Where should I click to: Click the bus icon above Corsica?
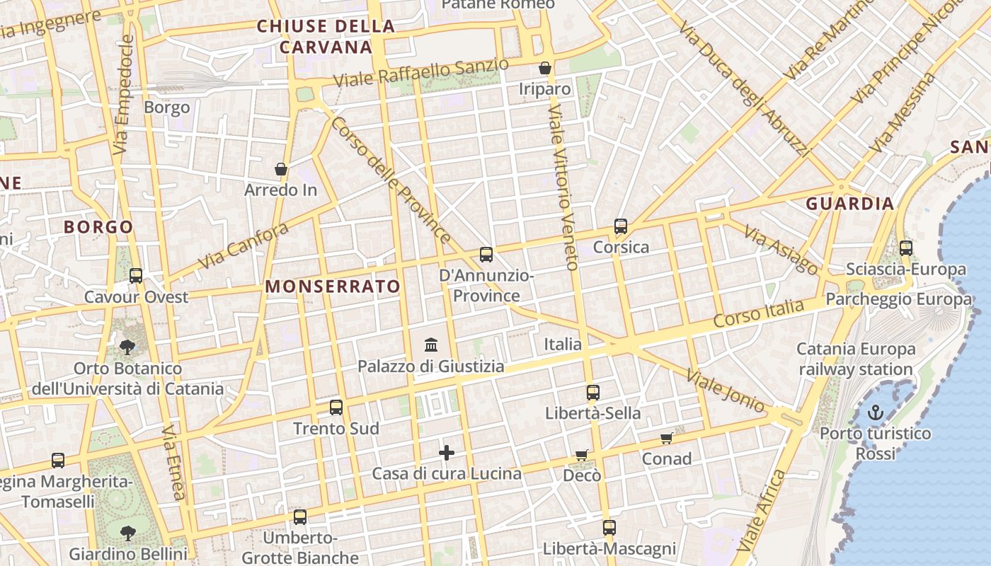pyautogui.click(x=621, y=226)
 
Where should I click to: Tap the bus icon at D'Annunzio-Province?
pyautogui.click(x=486, y=255)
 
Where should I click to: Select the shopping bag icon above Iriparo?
pyautogui.click(x=545, y=68)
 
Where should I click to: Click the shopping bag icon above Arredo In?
pyautogui.click(x=281, y=169)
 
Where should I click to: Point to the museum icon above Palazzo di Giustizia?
pyautogui.click(x=431, y=345)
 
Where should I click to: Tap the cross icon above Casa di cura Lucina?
pyautogui.click(x=447, y=453)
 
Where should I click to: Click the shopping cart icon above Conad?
pyautogui.click(x=666, y=439)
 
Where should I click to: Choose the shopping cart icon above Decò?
pyautogui.click(x=581, y=455)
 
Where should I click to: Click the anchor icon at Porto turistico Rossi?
pyautogui.click(x=876, y=412)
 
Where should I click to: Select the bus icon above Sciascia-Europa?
pyautogui.click(x=905, y=248)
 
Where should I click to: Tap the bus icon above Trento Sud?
pyautogui.click(x=336, y=408)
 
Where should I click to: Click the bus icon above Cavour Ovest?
pyautogui.click(x=136, y=276)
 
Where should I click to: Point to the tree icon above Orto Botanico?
pyautogui.click(x=127, y=347)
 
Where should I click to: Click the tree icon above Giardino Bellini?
pyautogui.click(x=128, y=533)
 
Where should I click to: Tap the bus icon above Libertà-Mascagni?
pyautogui.click(x=609, y=527)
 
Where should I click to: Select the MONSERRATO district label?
pyautogui.click(x=333, y=287)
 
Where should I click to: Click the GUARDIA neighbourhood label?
pyautogui.click(x=850, y=204)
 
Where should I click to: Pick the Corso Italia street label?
pyautogui.click(x=758, y=313)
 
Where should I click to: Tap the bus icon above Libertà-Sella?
pyautogui.click(x=592, y=392)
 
